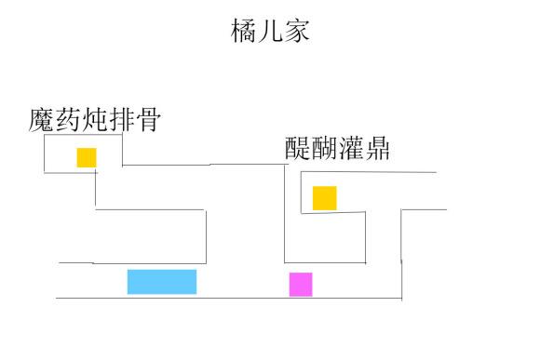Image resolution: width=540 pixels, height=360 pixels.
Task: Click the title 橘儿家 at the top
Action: pos(270,32)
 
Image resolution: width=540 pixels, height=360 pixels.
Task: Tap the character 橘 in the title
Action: pos(244,32)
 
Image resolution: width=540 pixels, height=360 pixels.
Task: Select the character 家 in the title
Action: pos(296,32)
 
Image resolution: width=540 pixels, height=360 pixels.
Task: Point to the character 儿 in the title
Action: pos(270,32)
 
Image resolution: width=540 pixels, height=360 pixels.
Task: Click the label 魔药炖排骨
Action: pos(94,121)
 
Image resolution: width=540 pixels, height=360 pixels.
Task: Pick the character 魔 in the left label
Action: pos(42,121)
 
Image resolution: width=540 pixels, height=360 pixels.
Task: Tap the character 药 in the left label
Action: pos(68,121)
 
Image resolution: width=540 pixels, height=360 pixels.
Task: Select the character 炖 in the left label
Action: pos(94,121)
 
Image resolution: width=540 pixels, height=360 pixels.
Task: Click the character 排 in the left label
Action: pos(120,121)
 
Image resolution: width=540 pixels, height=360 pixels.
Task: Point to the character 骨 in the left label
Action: pos(146,121)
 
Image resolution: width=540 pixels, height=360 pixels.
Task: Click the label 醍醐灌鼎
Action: pos(338,150)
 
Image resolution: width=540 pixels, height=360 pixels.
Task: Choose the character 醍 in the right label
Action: pos(299,150)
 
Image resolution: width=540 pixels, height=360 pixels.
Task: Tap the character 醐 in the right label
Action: pos(325,150)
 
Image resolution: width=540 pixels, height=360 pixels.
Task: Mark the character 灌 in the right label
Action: pos(351,150)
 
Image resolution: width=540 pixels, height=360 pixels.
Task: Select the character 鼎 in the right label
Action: pos(377,150)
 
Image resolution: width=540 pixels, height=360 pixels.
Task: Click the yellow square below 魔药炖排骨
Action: pos(87,157)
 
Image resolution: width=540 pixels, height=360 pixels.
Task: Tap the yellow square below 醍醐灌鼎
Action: pos(324,198)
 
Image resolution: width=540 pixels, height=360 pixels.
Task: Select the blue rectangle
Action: pos(162,281)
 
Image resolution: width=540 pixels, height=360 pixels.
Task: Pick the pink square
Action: pos(301,284)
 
